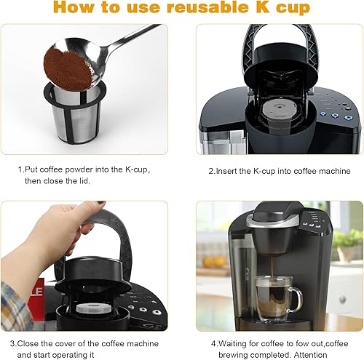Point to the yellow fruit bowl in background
pos(215,262)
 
